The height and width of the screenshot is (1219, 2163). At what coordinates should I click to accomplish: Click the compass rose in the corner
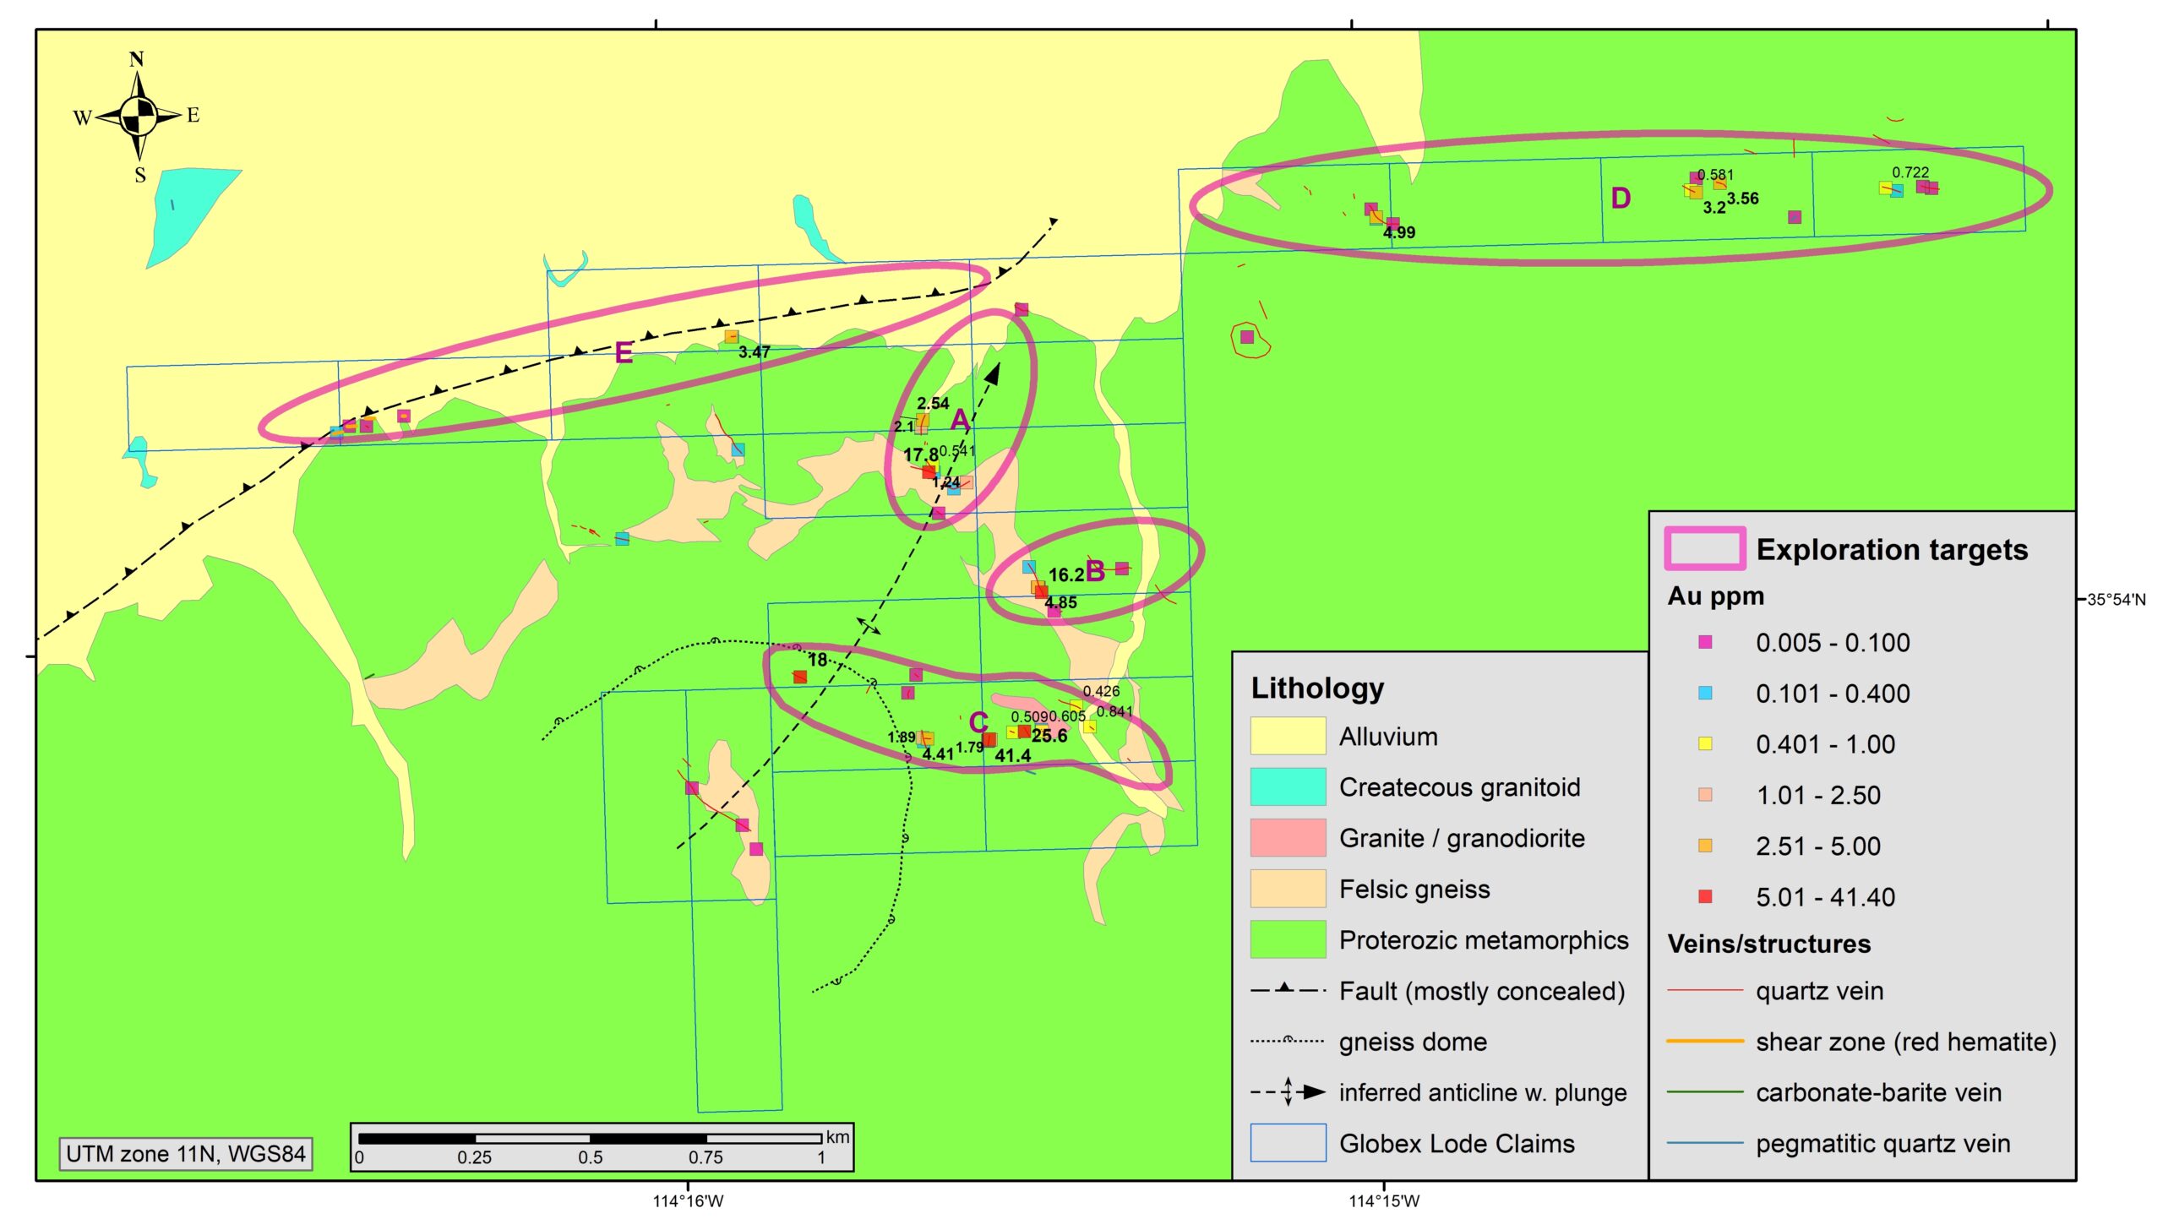pos(138,116)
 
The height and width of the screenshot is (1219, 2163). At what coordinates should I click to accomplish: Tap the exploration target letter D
pos(1620,199)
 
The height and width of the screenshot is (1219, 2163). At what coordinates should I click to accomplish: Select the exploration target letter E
pos(624,352)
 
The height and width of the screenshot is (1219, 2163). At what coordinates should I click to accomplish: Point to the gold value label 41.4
pos(1012,756)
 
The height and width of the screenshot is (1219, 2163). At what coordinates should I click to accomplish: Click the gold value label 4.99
pos(1399,232)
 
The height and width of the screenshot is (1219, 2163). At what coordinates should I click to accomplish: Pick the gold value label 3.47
pos(754,352)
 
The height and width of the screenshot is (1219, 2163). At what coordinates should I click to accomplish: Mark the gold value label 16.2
pos(1065,575)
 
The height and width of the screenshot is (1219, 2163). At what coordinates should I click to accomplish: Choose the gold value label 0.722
pos(1910,172)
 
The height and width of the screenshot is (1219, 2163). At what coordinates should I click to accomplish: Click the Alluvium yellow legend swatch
pos(1288,736)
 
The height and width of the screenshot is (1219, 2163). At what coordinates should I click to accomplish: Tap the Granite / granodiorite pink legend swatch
pos(1288,837)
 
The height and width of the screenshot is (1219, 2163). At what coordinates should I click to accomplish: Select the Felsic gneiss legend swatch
pos(1288,889)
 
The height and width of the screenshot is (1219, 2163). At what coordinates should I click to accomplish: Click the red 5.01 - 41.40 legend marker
pos(1705,896)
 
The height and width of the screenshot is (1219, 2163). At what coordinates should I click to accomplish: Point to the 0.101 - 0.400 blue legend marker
pos(1705,693)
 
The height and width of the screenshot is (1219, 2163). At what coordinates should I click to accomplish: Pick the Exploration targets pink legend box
pos(1705,549)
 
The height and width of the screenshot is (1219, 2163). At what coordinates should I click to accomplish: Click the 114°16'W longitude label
pos(688,1201)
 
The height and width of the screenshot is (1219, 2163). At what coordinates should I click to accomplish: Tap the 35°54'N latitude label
pos(2116,600)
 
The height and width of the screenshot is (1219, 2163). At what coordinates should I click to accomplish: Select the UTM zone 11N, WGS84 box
pos(186,1154)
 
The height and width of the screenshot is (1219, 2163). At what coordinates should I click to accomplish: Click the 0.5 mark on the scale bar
pos(590,1157)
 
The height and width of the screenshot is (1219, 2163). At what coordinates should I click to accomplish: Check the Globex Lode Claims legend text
pos(1457,1144)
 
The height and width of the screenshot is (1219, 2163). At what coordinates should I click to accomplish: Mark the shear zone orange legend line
pos(1705,1042)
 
